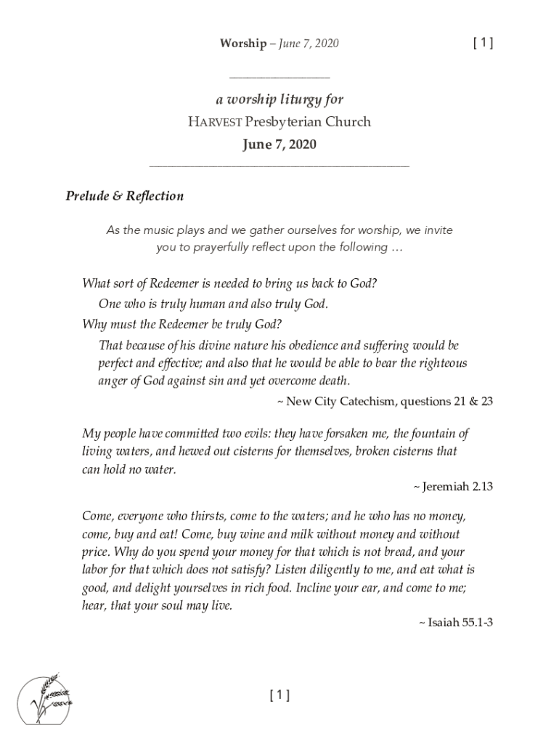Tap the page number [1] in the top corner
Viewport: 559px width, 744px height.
click(x=483, y=43)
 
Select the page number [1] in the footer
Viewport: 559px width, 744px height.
click(x=279, y=695)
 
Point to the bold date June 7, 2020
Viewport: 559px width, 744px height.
click(x=279, y=145)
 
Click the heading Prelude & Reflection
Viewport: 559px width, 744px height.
click(x=125, y=196)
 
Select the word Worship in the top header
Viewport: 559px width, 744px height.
click(x=243, y=44)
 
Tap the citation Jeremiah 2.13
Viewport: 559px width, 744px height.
click(x=457, y=487)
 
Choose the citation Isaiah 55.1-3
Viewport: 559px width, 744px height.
click(x=460, y=623)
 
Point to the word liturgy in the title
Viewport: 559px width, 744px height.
click(x=296, y=100)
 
